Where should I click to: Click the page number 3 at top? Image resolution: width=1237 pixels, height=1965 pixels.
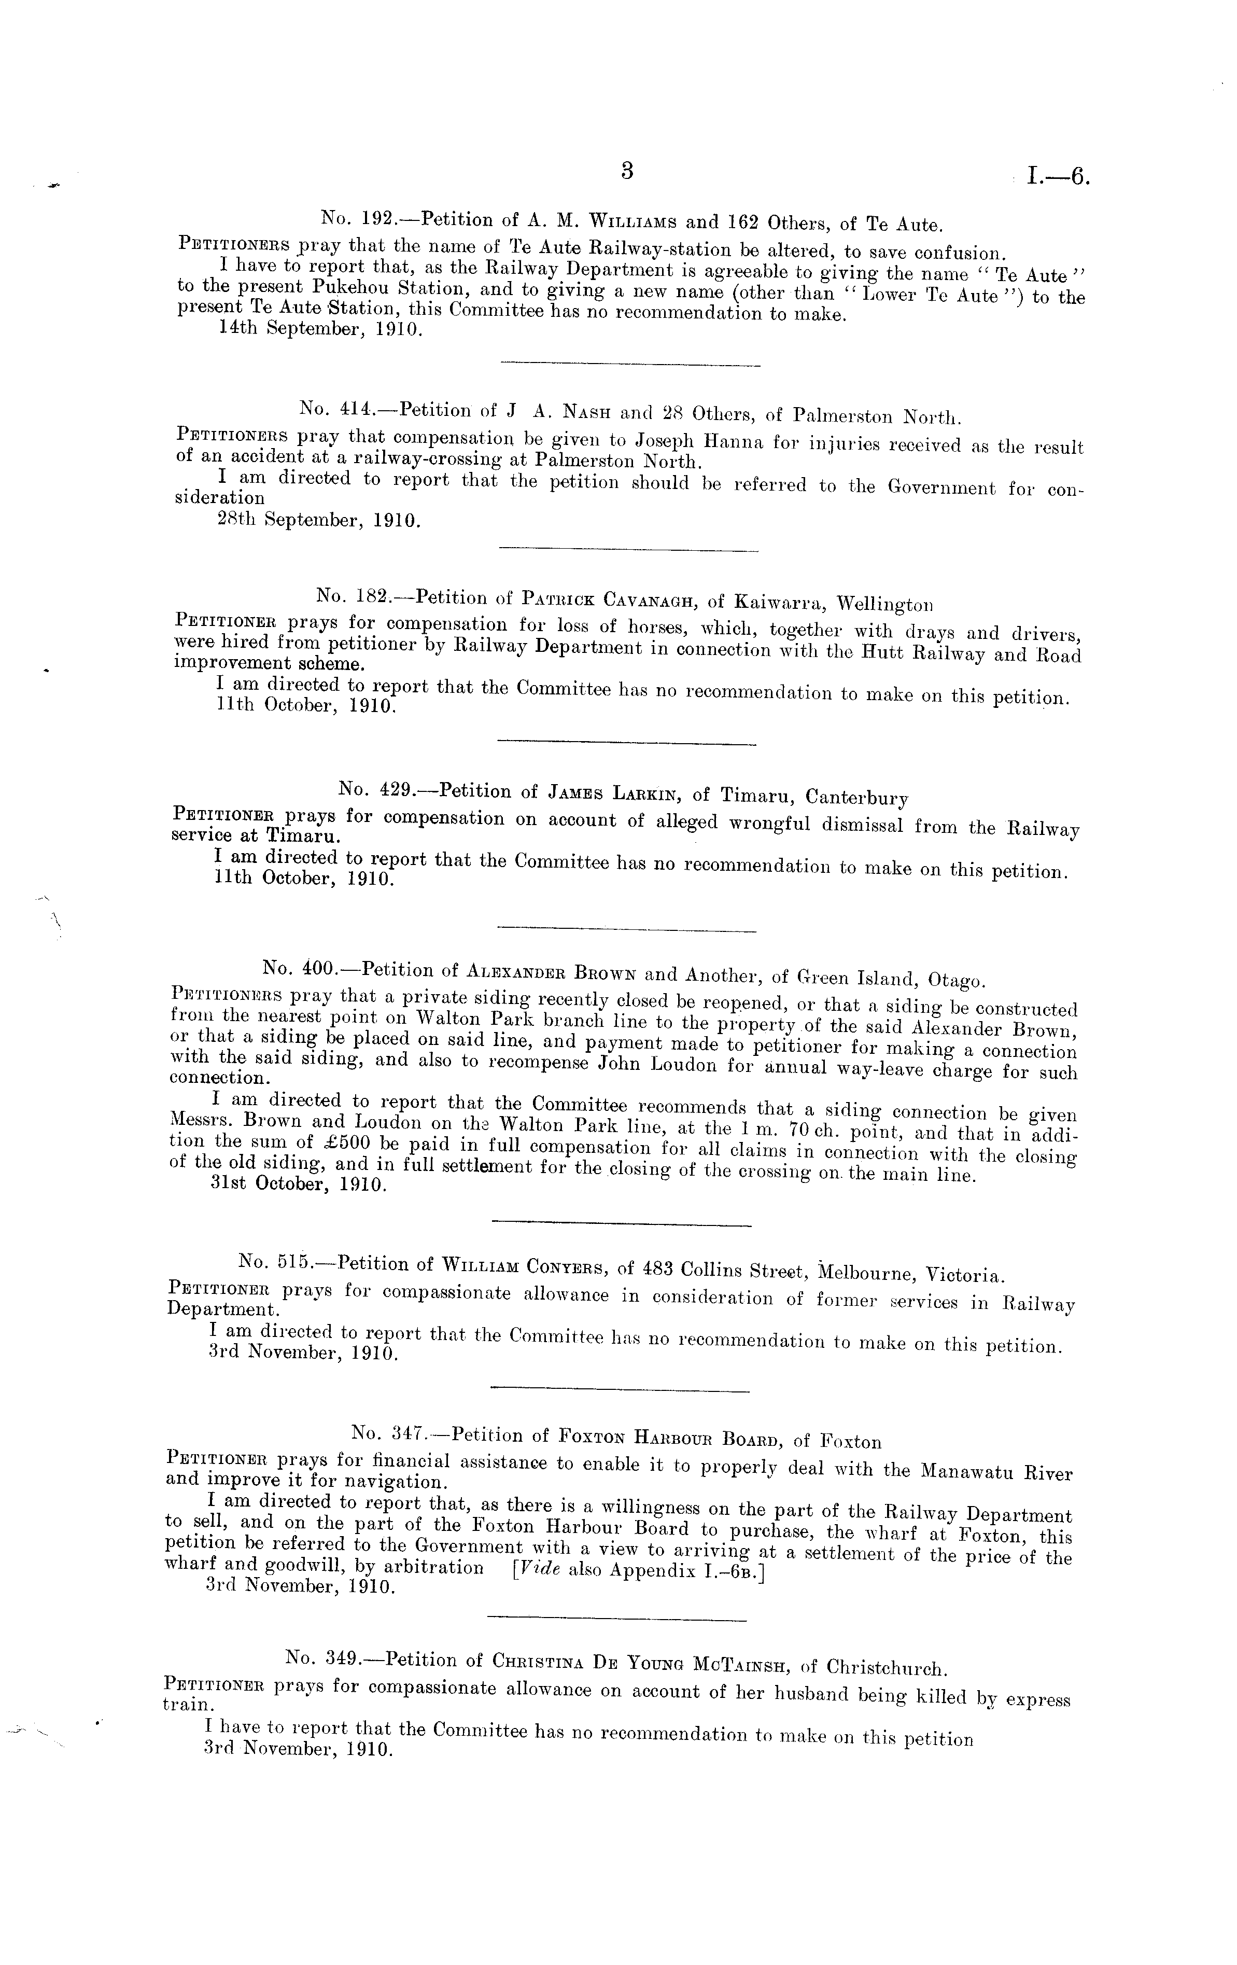[x=627, y=171]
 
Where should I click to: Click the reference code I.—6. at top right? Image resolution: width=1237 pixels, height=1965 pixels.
[x=1058, y=176]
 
